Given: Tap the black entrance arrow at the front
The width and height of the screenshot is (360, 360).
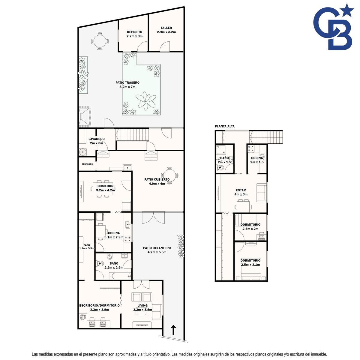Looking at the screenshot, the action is tap(173, 330).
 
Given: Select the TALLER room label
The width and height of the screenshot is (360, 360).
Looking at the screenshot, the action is tap(166, 28).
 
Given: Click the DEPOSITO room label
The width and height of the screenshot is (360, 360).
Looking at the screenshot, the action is tap(134, 32).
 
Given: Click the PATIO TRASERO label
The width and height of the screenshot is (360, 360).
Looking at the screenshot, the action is tap(127, 82).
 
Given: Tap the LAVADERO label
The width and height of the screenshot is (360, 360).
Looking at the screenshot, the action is tap(96, 139).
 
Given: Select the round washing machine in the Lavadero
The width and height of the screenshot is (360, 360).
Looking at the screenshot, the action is tap(82, 152).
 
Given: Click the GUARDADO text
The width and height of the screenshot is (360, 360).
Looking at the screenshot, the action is tap(87, 164).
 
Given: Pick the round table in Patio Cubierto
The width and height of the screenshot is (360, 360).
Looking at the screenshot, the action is tap(169, 175).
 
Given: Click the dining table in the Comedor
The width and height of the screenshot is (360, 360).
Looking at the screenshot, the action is tap(103, 188).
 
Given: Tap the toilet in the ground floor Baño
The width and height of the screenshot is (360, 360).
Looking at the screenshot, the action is tap(100, 264).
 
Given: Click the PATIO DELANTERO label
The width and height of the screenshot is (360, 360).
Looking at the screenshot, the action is tap(157, 248).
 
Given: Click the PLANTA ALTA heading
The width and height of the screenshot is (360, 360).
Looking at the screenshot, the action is tap(225, 126).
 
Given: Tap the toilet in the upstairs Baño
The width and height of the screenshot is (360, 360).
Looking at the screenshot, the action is tap(220, 168).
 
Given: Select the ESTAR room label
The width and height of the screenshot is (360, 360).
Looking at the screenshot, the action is tap(241, 190).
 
